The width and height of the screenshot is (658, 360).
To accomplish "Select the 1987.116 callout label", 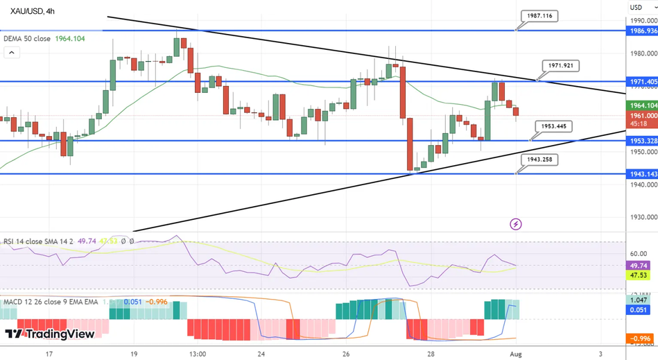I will [x=539, y=15].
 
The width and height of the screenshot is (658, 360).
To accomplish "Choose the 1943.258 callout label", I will [x=539, y=160].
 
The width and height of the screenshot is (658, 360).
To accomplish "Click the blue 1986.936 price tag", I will [x=642, y=31].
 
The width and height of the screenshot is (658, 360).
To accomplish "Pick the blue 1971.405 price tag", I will [x=642, y=81].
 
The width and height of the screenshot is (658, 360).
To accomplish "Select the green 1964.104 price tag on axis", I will [x=642, y=105].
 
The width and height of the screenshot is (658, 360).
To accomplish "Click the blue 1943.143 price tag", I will [x=642, y=174].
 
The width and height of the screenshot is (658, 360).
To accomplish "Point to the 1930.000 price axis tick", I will [x=642, y=217].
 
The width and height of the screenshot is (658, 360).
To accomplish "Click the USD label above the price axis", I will [x=636, y=7].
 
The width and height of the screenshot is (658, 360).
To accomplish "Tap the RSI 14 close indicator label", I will [x=28, y=241].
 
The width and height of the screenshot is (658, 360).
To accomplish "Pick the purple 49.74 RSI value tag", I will [x=638, y=266].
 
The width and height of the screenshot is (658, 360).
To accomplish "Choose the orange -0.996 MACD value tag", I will [x=640, y=338].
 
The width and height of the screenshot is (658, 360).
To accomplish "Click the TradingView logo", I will [x=50, y=334].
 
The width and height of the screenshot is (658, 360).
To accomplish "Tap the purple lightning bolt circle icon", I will [x=515, y=224].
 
